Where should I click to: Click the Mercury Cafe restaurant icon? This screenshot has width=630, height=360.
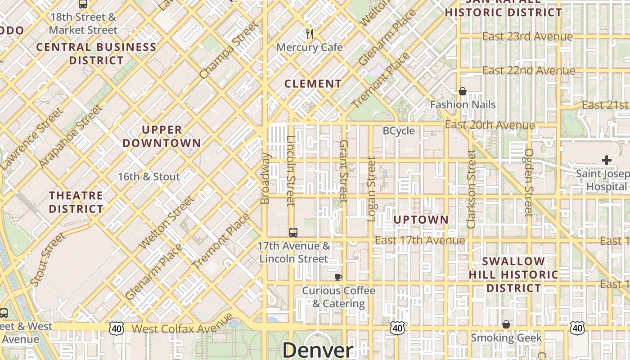tap(309, 34)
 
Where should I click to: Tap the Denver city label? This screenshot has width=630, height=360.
tap(318, 350)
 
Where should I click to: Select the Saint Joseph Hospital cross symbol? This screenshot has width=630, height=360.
tap(606, 160)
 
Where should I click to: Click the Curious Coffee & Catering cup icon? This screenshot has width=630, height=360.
tap(338, 277)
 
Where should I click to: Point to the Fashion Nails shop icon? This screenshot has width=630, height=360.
tap(462, 91)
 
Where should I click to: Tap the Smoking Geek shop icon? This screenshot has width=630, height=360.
tap(506, 324)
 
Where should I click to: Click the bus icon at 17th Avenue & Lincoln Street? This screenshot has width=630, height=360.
tap(293, 233)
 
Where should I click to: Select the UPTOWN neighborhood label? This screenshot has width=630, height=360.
tap(421, 220)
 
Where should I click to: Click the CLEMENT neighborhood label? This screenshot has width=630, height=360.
tap(313, 84)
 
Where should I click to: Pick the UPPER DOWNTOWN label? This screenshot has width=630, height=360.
tap(162, 136)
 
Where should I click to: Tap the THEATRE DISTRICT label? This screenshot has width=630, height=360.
tap(76, 202)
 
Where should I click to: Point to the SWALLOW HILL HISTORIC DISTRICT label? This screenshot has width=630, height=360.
tap(513, 274)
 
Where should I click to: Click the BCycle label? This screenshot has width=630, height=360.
tap(399, 130)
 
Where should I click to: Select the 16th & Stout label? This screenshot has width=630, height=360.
tap(149, 176)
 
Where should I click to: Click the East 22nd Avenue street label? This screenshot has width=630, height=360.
tap(528, 71)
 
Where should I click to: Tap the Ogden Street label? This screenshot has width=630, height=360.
tap(529, 182)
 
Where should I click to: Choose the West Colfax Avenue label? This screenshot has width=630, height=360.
tap(182, 328)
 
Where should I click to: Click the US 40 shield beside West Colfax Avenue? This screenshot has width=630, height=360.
tap(117, 328)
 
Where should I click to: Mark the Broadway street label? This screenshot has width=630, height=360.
tap(265, 178)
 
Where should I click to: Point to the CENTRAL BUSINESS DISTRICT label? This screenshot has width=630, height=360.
tap(96, 54)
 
